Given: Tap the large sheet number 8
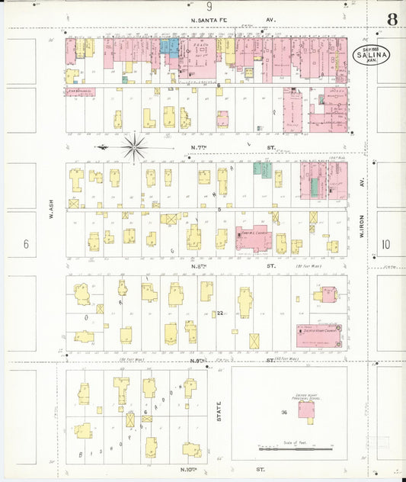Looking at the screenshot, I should [x=392, y=19].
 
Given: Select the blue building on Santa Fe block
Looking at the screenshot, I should [x=168, y=47].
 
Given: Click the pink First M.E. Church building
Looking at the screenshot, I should [x=254, y=239].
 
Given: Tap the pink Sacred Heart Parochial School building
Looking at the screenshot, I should [x=307, y=413].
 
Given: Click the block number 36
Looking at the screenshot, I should [x=283, y=413].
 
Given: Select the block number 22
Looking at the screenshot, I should [x=219, y=313].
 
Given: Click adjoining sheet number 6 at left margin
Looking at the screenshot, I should [x=26, y=244].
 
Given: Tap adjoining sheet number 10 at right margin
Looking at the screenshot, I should [x=385, y=244].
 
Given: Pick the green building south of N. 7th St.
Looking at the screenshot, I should [x=263, y=169].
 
